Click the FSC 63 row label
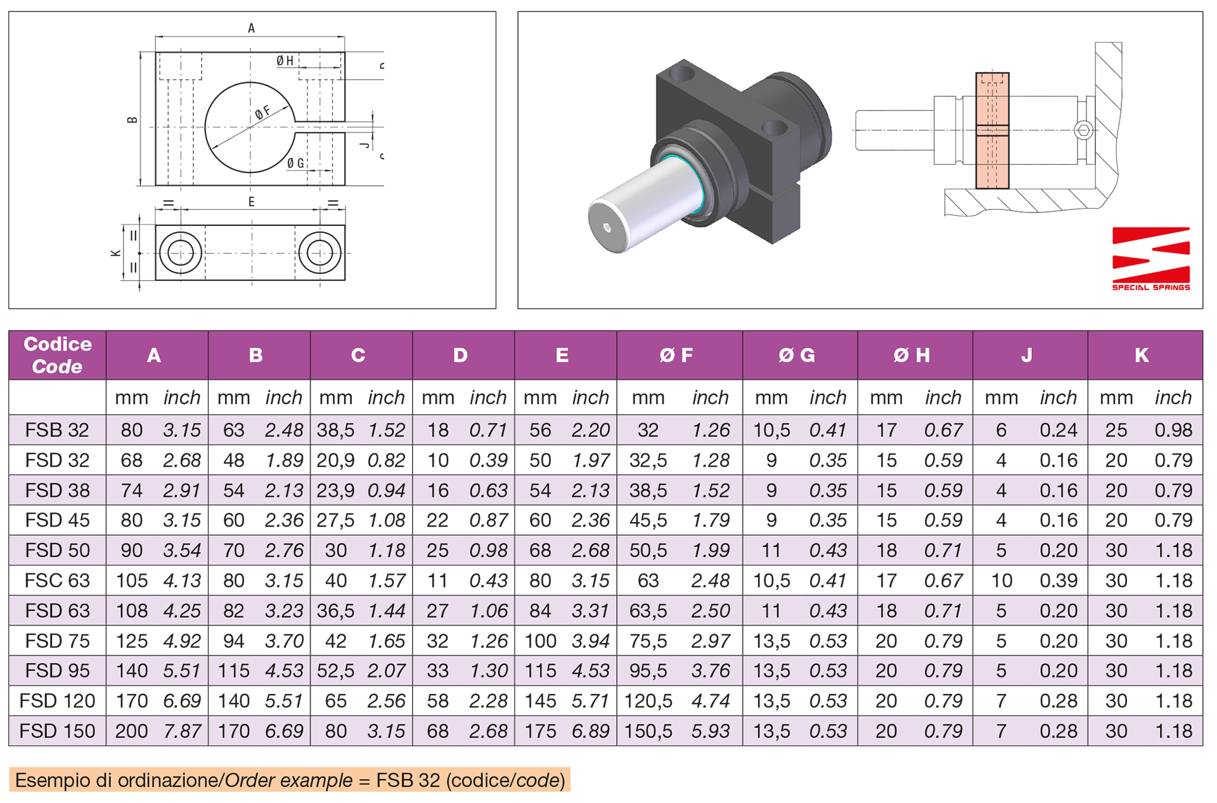tap(57, 580)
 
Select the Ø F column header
tap(676, 355)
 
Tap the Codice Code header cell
tap(57, 355)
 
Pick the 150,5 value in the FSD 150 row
tap(648, 731)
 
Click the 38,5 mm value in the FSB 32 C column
tap(335, 430)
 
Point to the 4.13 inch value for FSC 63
tap(182, 580)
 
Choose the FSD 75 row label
tap(57, 641)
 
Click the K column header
tap(1142, 355)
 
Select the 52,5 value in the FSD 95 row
tap(335, 670)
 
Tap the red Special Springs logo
tap(1151, 259)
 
